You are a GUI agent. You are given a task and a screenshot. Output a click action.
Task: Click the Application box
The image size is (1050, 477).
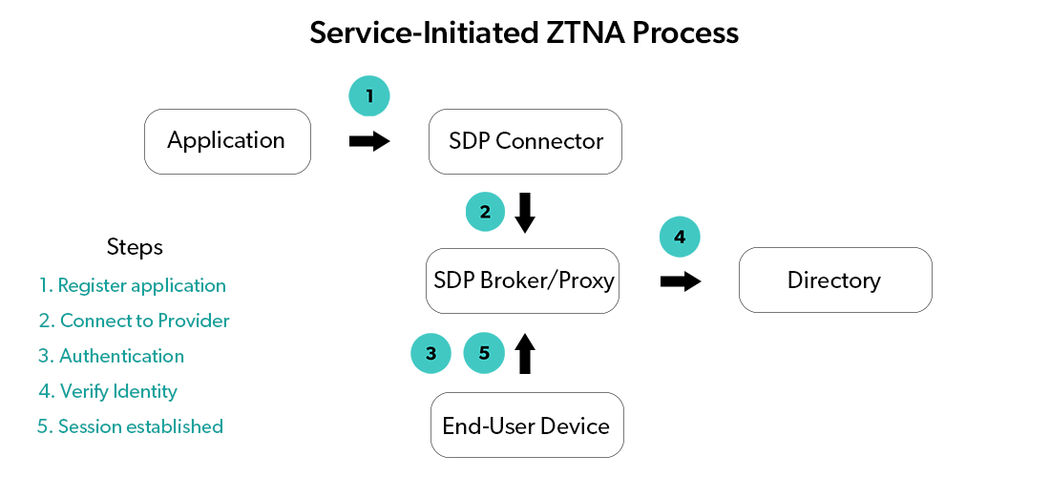(227, 141)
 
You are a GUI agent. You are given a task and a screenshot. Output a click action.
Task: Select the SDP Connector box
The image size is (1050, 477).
(525, 141)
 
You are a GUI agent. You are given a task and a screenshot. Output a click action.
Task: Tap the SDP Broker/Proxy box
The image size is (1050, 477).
(523, 280)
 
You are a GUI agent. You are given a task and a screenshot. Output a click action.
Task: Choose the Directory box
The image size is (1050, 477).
(835, 280)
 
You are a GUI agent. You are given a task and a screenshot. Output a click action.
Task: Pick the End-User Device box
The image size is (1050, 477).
(527, 425)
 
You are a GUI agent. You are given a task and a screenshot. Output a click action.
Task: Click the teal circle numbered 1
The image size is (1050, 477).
(369, 95)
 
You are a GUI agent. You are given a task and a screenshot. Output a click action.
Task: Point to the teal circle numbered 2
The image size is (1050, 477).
(485, 212)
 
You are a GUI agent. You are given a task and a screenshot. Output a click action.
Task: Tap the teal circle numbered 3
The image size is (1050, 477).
(430, 353)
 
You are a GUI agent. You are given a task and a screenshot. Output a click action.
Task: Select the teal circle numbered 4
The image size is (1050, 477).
(680, 238)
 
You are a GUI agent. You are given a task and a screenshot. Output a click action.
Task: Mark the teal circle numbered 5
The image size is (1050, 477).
(484, 353)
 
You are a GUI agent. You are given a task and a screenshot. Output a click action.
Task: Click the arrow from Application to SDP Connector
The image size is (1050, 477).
(369, 141)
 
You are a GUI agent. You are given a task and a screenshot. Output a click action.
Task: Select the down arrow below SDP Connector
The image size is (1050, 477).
(525, 213)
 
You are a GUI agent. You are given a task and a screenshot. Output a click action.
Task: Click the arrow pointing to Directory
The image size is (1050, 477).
(681, 281)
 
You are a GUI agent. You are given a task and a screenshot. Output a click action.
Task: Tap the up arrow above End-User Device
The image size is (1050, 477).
(525, 353)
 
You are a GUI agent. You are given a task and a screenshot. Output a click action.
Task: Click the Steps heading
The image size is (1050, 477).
(135, 247)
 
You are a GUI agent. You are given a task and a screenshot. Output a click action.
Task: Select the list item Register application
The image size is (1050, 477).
(133, 285)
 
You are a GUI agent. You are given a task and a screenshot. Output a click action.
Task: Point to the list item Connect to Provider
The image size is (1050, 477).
(134, 321)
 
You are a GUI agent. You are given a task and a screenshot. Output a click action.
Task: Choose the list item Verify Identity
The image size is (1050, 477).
(108, 391)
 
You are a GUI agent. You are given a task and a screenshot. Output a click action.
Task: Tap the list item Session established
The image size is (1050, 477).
(131, 426)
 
